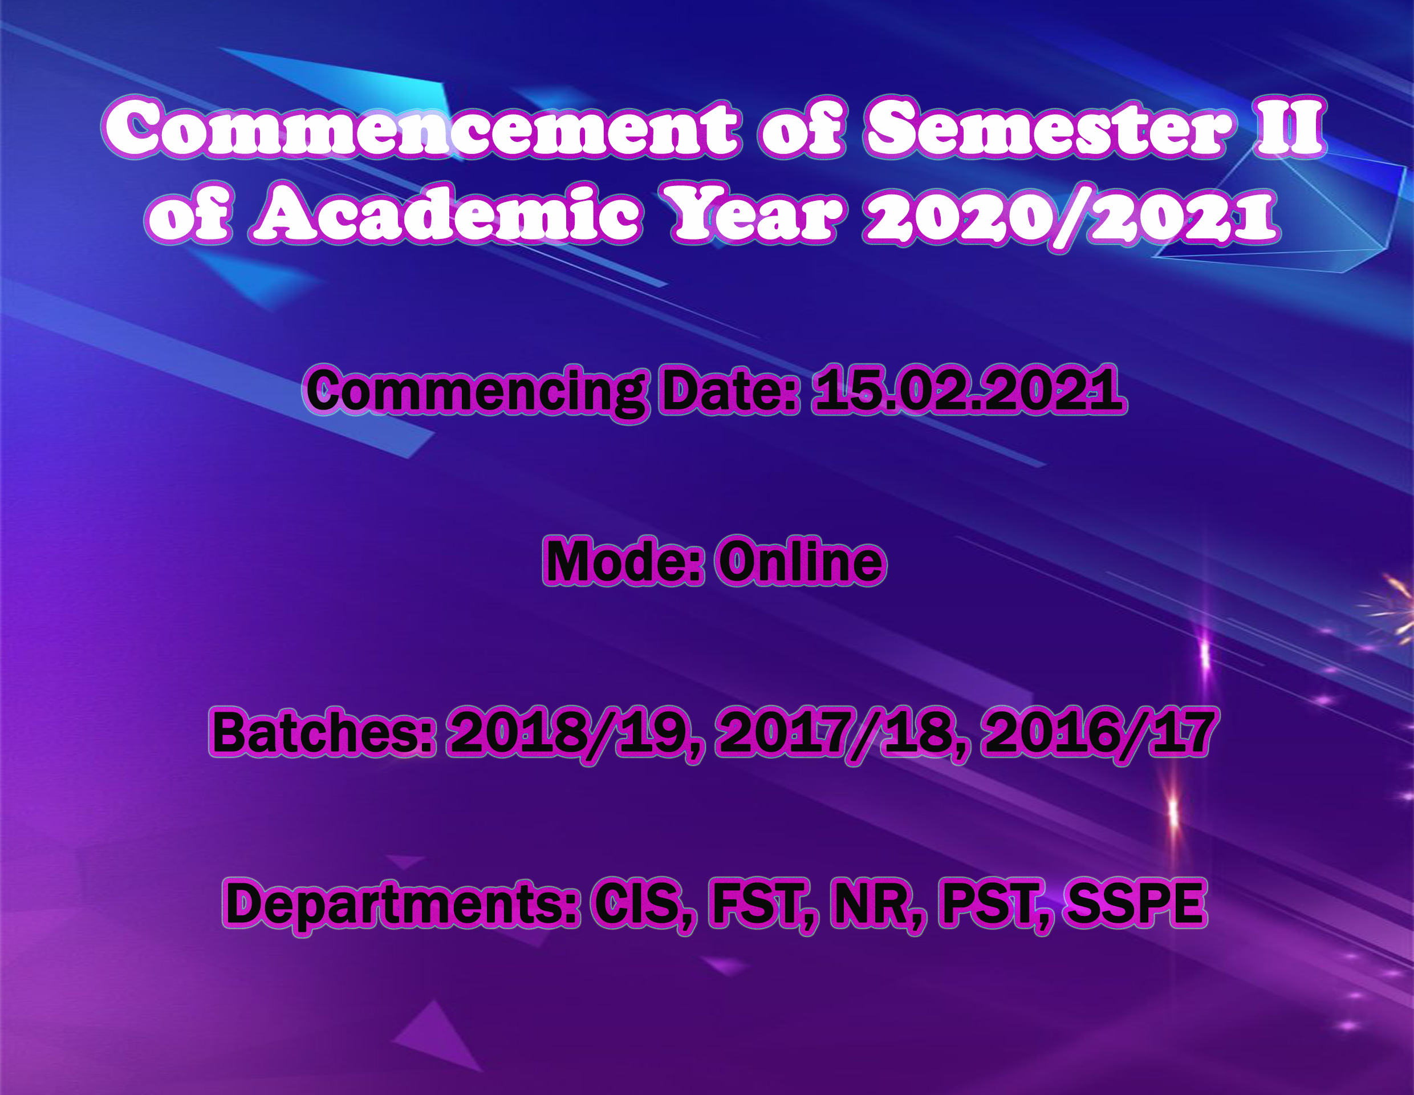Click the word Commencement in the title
[420, 128]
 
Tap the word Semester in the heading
[1047, 128]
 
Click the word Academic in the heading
[447, 214]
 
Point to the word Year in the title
[757, 214]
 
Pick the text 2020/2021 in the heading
[1071, 216]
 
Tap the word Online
[801, 560]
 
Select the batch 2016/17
[1098, 733]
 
